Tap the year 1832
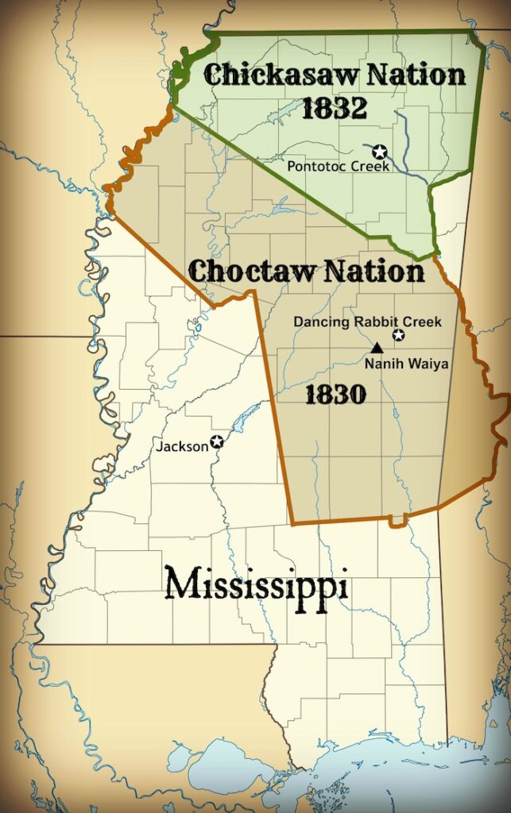coord(334,109)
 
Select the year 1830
coord(335,394)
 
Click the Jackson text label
coord(181,446)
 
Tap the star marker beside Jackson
coord(215,442)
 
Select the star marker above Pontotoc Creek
coord(380,151)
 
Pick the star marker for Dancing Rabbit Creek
coord(398,335)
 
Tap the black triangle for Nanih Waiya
coord(377,348)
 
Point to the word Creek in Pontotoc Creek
coord(371,167)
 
